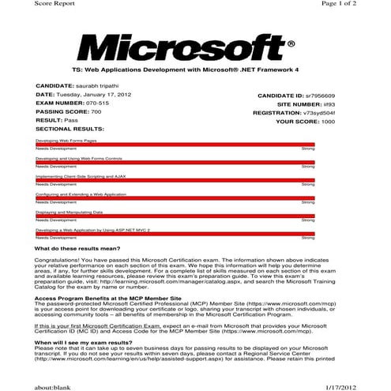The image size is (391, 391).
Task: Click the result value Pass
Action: tap(71, 120)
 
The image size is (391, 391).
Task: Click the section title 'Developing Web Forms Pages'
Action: tap(66, 139)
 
